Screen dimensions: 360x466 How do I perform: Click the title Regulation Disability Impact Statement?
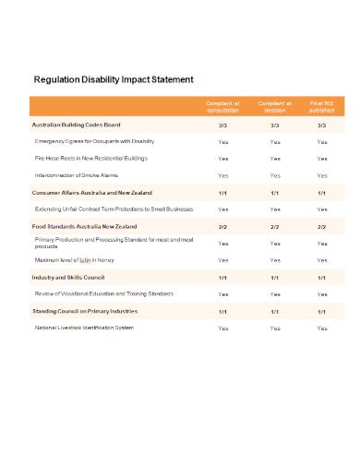click(x=113, y=79)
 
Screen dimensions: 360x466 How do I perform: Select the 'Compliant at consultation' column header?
click(x=222, y=108)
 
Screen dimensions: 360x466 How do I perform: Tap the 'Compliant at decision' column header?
click(x=275, y=108)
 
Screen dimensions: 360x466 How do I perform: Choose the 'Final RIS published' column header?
click(x=321, y=108)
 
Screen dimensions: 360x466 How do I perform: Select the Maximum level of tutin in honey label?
click(x=81, y=260)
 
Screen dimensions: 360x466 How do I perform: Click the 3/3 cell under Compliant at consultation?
click(x=222, y=125)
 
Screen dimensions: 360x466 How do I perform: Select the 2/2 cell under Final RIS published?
click(x=321, y=226)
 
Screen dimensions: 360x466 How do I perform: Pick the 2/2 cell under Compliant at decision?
click(x=275, y=226)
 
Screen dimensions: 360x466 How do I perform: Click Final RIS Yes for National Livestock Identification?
click(x=321, y=328)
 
